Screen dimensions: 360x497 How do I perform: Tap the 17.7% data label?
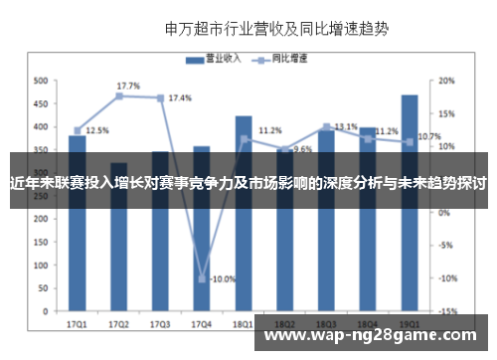point(128,86)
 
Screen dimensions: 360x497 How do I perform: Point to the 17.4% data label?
point(180,98)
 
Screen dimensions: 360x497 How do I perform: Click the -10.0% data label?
point(223,278)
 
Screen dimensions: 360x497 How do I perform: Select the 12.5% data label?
point(96,130)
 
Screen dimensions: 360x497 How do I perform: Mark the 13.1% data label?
point(346,126)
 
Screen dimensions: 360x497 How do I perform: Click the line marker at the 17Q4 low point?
point(202,278)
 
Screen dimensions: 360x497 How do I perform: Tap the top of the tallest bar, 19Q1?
point(410,95)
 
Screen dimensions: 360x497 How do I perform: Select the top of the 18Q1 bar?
point(244,117)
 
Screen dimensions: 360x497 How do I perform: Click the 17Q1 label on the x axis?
point(77,324)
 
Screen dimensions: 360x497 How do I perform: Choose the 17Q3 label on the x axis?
point(160,324)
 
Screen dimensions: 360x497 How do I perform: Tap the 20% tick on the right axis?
point(447,81)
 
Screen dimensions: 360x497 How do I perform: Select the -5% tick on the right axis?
point(447,245)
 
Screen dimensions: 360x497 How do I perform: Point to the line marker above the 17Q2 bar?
point(118,95)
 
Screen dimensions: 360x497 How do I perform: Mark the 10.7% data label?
point(429,136)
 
